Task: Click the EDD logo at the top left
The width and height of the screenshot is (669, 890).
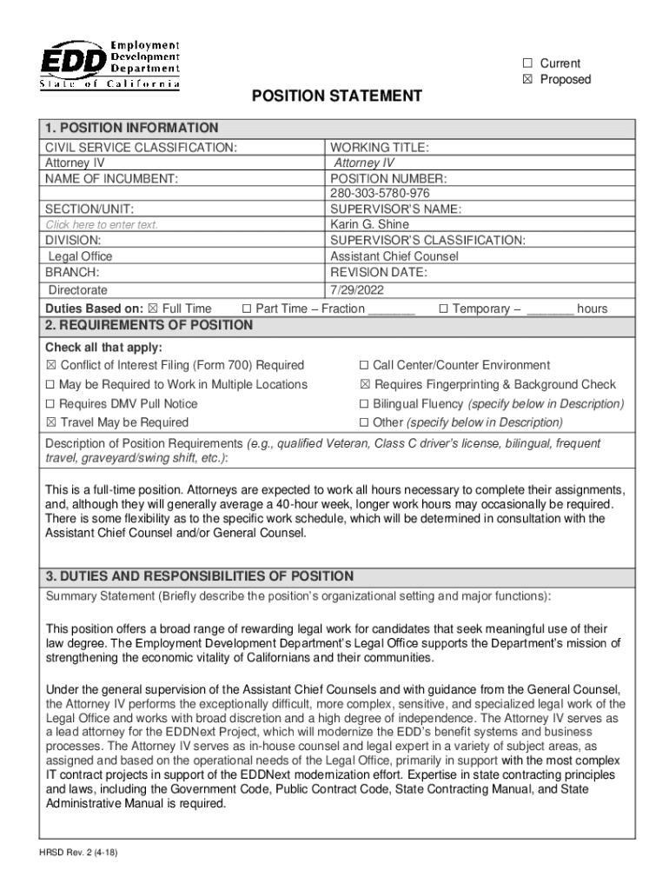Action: [x=109, y=64]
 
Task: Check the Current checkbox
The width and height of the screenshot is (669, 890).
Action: [x=527, y=63]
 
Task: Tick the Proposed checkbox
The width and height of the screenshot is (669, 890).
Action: [x=527, y=80]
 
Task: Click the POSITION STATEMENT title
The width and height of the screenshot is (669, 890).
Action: [x=337, y=96]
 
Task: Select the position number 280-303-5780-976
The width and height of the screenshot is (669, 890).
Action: [x=380, y=193]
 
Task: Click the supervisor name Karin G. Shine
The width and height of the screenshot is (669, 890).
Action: [x=370, y=224]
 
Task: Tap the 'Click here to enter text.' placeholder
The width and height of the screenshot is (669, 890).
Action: [x=102, y=225]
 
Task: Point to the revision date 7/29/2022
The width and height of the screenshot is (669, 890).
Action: [x=356, y=289]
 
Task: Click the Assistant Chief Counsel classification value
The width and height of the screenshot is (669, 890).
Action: [x=394, y=256]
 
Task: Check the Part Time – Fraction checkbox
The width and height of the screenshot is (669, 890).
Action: [x=247, y=309]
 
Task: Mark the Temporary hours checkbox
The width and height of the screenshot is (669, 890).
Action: [x=444, y=309]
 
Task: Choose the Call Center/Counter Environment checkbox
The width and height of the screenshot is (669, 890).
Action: [x=365, y=365]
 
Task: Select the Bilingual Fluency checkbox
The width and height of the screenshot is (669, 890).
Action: [x=365, y=403]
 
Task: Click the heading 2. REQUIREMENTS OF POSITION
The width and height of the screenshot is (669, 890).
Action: [x=149, y=325]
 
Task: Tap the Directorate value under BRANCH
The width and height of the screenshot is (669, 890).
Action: [x=78, y=290]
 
